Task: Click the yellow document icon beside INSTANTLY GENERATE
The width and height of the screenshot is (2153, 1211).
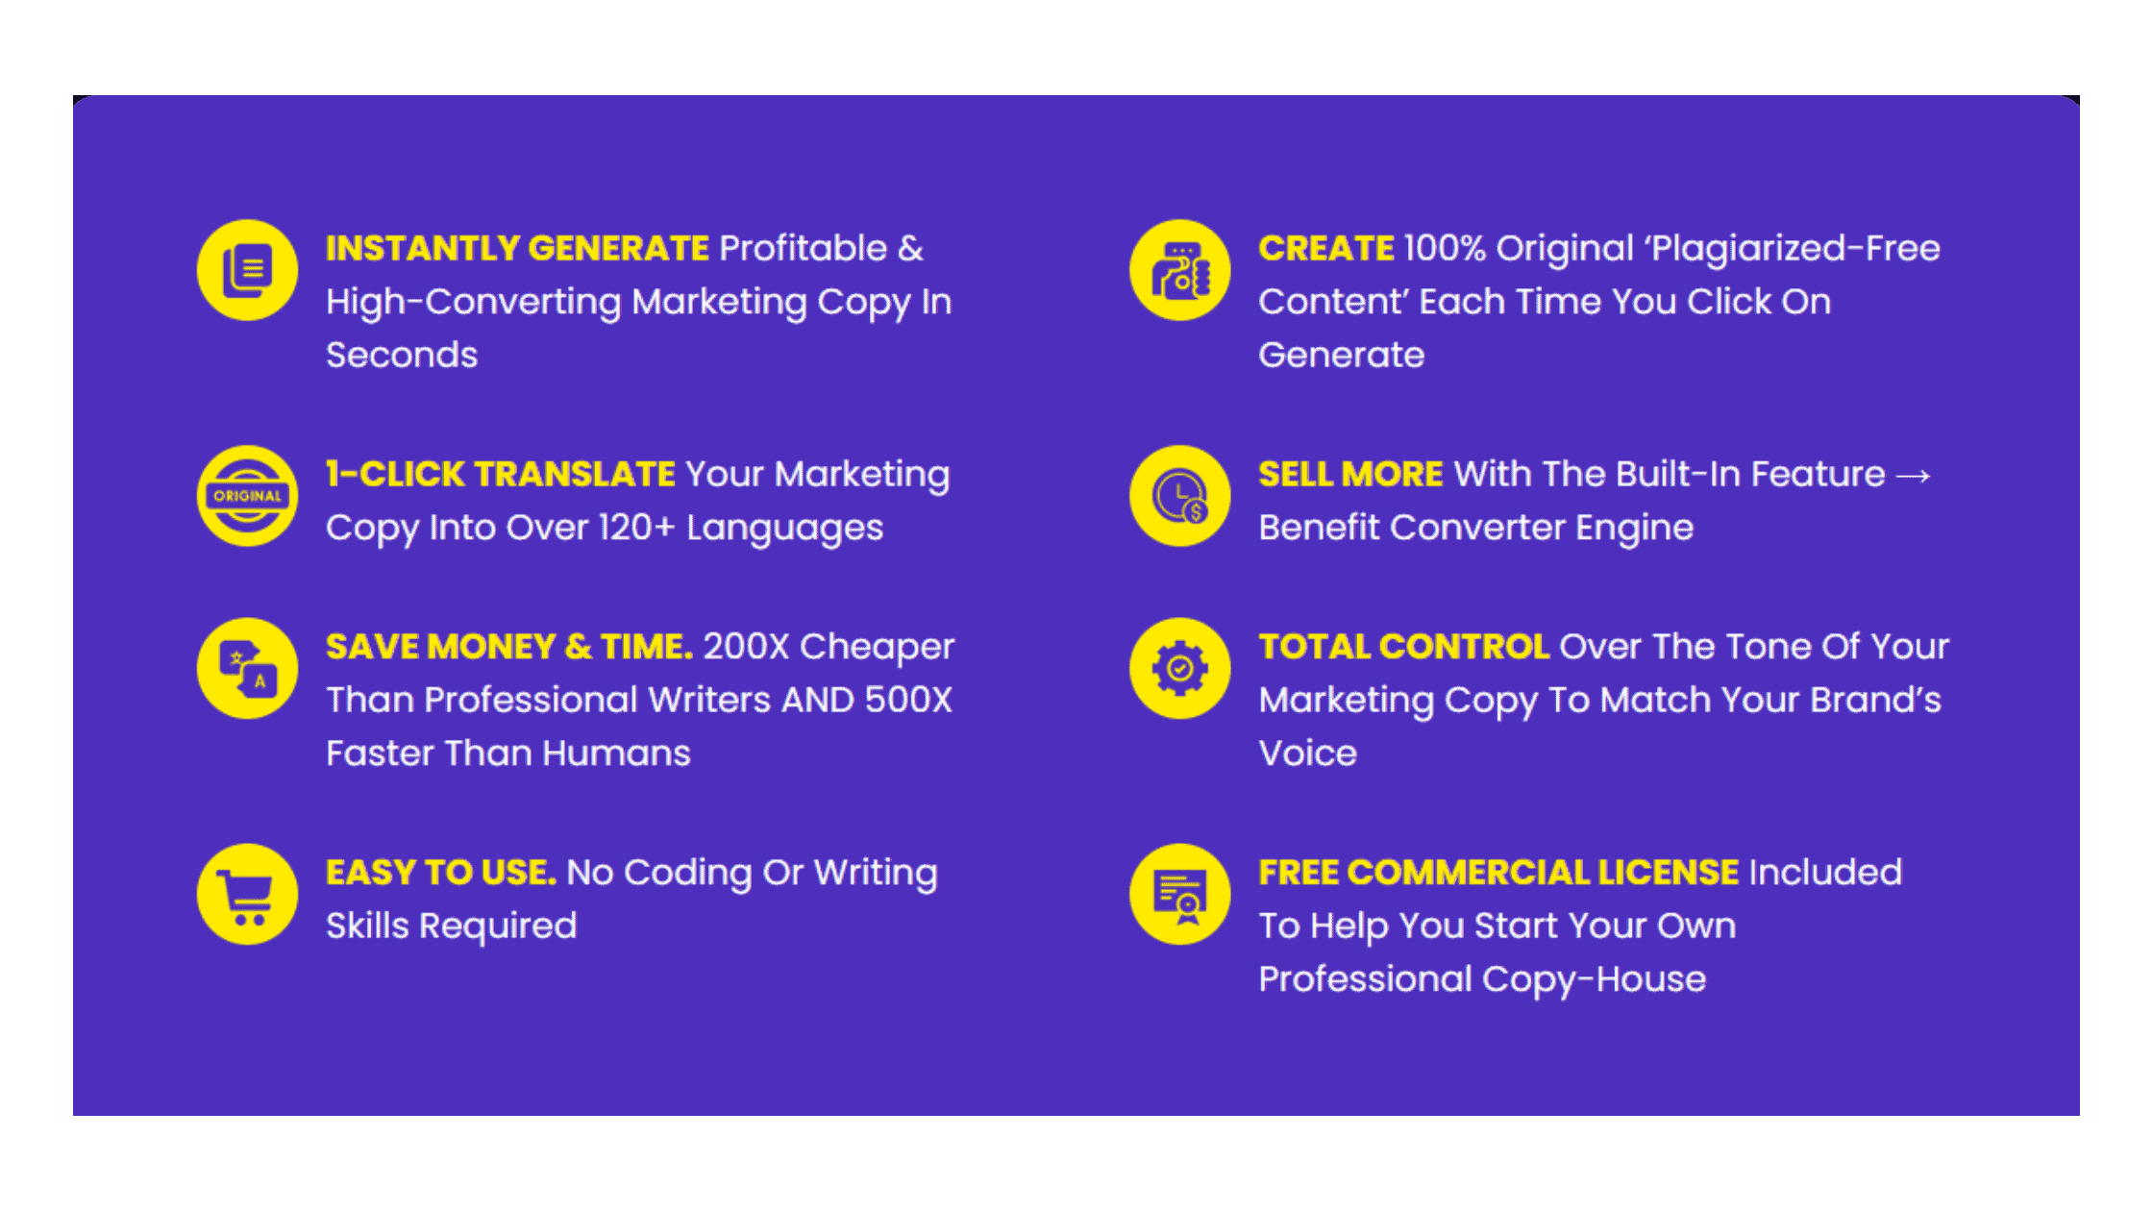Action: point(247,270)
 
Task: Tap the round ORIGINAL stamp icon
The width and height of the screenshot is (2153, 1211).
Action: point(247,496)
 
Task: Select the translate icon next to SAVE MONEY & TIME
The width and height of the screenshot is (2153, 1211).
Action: point(247,668)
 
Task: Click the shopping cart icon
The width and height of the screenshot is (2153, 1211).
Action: point(247,894)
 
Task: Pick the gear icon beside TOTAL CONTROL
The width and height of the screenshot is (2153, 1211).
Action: point(1180,668)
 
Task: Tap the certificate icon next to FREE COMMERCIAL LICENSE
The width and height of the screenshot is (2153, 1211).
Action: point(1180,894)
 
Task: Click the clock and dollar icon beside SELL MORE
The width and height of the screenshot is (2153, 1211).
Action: point(1180,496)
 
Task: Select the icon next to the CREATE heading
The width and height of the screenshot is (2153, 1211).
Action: point(1180,270)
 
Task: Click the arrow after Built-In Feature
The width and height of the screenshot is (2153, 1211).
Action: point(1913,476)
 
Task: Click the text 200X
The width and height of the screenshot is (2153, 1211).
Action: point(746,646)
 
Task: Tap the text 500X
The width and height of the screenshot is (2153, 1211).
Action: point(908,700)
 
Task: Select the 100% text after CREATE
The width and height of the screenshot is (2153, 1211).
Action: point(1445,248)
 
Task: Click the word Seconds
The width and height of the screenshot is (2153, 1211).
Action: point(402,355)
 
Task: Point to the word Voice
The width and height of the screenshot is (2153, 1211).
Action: point(1308,753)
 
